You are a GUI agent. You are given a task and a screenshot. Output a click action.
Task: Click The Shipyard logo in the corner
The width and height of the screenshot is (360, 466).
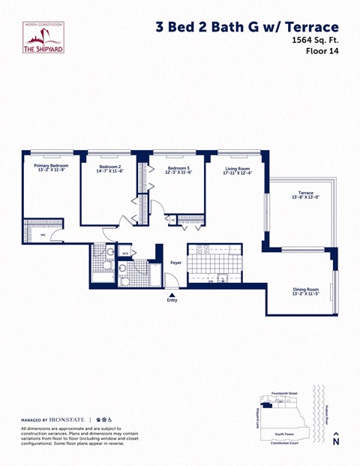click(x=44, y=38)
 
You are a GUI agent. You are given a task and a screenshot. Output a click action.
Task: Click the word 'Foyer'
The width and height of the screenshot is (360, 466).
click(x=176, y=263)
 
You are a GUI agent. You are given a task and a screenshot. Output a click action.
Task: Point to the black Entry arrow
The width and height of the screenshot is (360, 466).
click(x=172, y=296)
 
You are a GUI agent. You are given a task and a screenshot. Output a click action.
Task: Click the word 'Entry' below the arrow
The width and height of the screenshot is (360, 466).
click(x=172, y=302)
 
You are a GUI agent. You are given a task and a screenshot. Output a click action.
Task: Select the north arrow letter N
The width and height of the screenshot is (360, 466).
click(x=336, y=442)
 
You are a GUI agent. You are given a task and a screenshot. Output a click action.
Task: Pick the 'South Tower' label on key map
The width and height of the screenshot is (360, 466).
click(x=283, y=434)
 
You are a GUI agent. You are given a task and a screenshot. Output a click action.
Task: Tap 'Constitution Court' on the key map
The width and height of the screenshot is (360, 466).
click(x=286, y=443)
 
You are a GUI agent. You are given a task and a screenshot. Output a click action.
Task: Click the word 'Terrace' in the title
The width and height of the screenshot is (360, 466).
click(x=308, y=26)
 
